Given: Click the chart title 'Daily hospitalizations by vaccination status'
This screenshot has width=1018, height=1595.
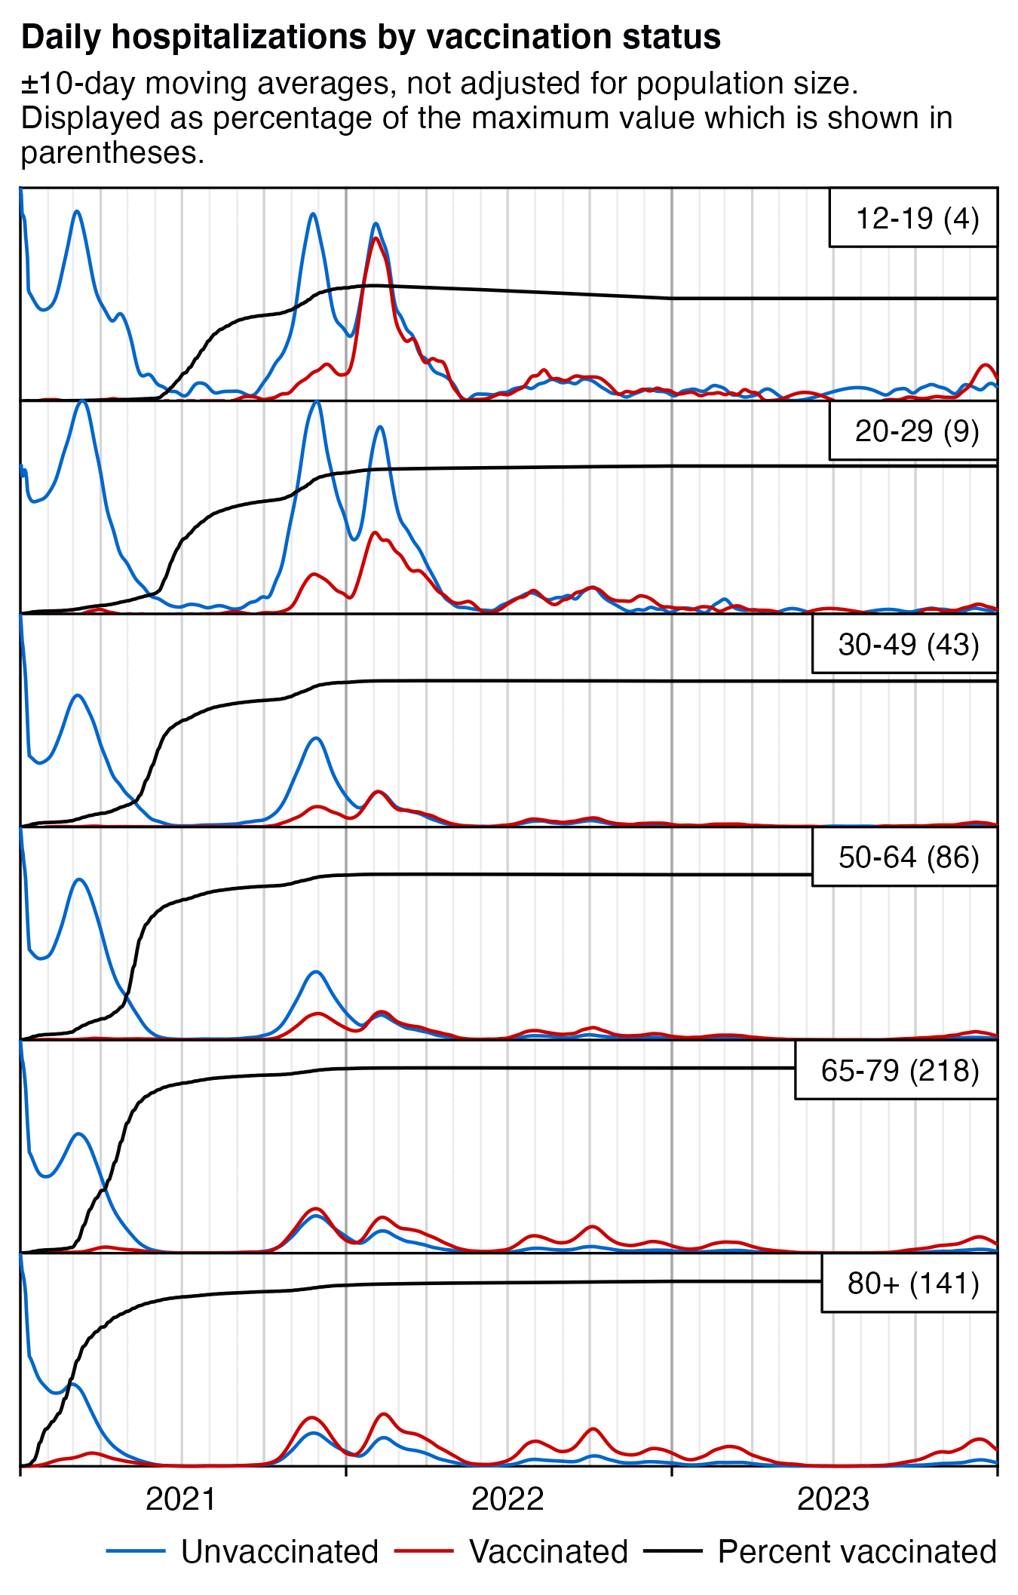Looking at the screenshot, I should tap(370, 37).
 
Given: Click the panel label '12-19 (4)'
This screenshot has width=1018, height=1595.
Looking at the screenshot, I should tap(917, 219).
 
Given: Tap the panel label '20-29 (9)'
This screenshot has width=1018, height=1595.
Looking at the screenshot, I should tap(917, 431).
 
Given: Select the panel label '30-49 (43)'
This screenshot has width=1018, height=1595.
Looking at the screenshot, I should tap(909, 645).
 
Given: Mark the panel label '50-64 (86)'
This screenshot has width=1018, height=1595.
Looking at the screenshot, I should tap(909, 857).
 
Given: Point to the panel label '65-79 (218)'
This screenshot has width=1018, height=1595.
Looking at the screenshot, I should tap(900, 1071).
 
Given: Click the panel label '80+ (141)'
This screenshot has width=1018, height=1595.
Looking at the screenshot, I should tap(913, 1284).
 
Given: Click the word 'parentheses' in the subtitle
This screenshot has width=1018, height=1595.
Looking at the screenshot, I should tap(112, 153).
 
